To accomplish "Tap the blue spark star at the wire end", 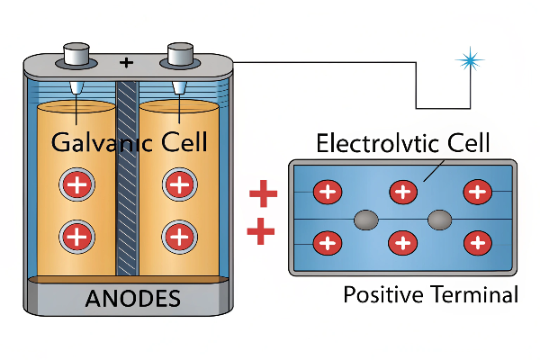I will click(468, 60).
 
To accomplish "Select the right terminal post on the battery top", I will click(177, 56).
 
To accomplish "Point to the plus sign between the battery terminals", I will click(126, 62).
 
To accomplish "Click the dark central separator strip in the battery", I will click(126, 180).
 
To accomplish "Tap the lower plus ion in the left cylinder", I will click(76, 237).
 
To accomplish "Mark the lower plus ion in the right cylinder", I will click(178, 237).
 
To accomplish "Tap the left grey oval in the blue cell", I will click(365, 218).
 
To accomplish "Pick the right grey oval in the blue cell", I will click(438, 218).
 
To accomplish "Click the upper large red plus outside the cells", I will click(263, 193).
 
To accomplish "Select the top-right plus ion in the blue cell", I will click(477, 192).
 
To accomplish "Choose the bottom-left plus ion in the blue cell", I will click(327, 242).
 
